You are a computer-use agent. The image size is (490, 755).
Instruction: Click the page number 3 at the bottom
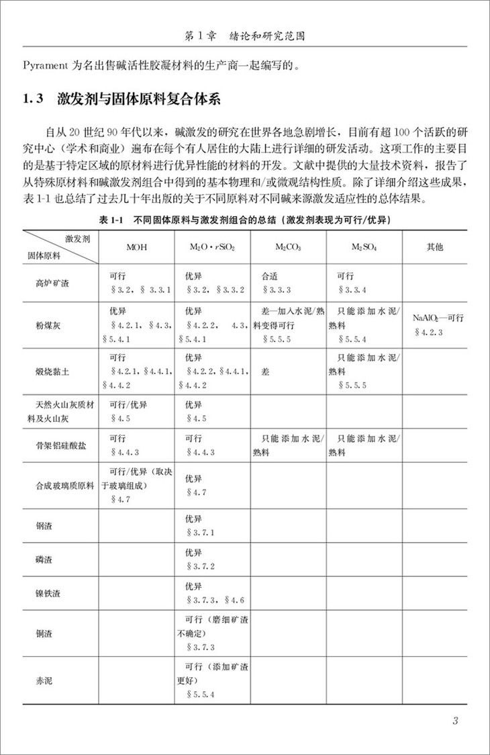point(456,722)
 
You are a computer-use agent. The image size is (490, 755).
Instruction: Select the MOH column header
point(137,247)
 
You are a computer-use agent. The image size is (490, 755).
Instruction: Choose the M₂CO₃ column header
point(287,247)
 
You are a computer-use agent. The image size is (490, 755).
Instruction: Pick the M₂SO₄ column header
point(364,247)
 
